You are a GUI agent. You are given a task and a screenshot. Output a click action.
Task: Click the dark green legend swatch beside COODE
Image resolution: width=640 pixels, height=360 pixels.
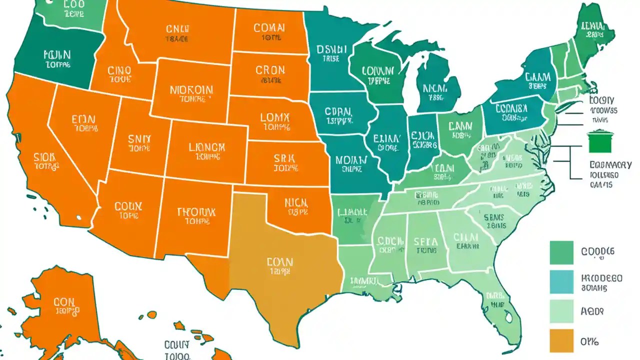pos(561,252)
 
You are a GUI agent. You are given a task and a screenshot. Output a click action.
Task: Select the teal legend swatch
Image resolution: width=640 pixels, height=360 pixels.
pos(561,282)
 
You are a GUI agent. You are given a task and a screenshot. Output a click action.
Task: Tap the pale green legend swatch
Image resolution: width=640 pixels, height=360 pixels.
pos(561,311)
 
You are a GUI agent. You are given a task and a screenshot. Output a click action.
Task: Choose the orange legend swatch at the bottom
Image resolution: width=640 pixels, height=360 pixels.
pos(561,340)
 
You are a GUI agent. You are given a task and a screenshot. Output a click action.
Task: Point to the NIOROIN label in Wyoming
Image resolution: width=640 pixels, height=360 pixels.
pos(191,90)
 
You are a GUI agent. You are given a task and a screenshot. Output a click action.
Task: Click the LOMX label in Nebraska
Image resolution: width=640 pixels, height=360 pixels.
pos(275,118)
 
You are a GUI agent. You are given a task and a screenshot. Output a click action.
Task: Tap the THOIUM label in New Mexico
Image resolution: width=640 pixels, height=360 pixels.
pos(196,212)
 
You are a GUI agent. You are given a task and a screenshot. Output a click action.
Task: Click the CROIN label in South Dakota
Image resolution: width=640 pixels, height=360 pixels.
pos(270,70)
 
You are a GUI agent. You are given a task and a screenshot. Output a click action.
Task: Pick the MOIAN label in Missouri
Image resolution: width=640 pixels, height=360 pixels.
pos(351,160)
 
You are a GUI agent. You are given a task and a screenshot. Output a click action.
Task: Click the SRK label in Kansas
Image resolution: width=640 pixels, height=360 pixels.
pos(285,159)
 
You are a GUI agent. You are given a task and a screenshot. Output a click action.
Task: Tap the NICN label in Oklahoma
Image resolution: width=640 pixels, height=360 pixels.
pos(297,203)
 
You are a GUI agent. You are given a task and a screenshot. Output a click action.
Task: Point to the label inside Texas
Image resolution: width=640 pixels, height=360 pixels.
pos(280,262)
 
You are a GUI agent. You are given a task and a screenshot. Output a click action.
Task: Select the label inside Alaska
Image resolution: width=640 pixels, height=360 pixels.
pos(64,302)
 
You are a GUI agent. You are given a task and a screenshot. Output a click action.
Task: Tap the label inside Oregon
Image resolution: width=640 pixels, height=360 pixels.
pos(57,55)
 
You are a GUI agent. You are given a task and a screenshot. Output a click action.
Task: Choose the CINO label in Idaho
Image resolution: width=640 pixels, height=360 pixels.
pos(119,70)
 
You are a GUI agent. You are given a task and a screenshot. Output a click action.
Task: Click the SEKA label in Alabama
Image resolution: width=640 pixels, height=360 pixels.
pos(426,242)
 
